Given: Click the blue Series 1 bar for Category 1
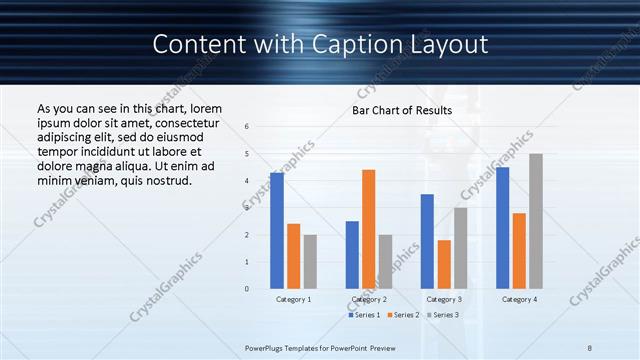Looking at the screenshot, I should pyautogui.click(x=277, y=231).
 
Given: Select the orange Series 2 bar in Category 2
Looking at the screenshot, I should pyautogui.click(x=369, y=229).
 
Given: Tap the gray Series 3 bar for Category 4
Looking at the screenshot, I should pyautogui.click(x=536, y=221).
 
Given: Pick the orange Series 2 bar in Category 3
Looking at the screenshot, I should pyautogui.click(x=444, y=264).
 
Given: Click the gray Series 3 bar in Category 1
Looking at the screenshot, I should pyautogui.click(x=310, y=262).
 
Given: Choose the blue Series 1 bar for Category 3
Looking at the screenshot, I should pyautogui.click(x=427, y=241).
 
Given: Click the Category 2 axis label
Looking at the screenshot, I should pyautogui.click(x=369, y=299).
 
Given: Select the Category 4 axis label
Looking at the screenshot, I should pyautogui.click(x=519, y=299).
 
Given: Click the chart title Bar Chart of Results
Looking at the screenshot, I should pyautogui.click(x=402, y=110).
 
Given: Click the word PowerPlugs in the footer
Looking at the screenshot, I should pyautogui.click(x=267, y=347).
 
